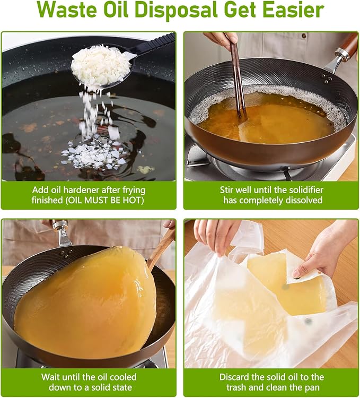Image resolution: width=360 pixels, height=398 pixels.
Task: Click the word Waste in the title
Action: pos(67,10)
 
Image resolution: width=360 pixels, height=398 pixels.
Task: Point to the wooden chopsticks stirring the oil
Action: pos(238,81)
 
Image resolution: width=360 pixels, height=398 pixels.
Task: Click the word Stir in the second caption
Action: pos(227,190)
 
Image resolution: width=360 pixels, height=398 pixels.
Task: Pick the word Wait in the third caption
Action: pos(51,377)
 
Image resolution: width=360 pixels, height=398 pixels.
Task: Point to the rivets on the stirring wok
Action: pos(326,79)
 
